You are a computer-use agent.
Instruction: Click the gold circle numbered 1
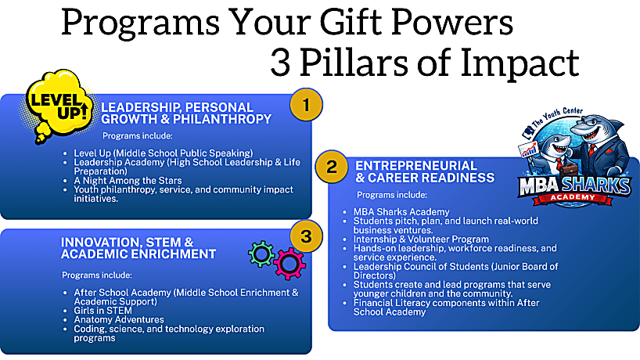(x=306, y=105)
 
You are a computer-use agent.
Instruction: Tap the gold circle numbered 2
(x=332, y=167)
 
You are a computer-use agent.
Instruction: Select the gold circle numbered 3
(x=306, y=236)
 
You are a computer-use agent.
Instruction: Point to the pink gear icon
(x=289, y=263)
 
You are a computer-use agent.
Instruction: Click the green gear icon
(x=261, y=254)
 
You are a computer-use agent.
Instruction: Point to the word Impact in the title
(x=520, y=63)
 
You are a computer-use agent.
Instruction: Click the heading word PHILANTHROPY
(x=222, y=119)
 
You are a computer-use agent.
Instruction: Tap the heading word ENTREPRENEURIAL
(x=416, y=166)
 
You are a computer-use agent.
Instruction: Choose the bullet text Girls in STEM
(x=102, y=311)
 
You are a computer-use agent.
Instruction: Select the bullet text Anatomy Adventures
(x=119, y=319)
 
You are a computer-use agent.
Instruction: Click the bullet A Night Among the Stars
(x=128, y=181)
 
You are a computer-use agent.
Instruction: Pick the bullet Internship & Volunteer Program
(x=421, y=239)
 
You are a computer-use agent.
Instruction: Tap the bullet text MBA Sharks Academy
(x=401, y=212)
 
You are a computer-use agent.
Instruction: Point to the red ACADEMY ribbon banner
(x=573, y=198)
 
